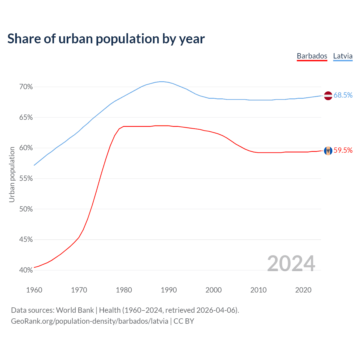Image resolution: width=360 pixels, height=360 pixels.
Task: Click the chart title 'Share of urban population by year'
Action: [106, 39]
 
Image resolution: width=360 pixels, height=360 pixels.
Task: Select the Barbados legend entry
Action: [312, 56]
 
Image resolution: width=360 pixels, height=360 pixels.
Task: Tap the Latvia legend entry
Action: [343, 56]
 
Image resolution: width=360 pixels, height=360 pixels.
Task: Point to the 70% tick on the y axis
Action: [26, 87]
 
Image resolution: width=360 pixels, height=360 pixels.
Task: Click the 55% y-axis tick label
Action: [26, 179]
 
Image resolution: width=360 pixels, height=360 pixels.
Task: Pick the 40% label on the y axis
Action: [26, 270]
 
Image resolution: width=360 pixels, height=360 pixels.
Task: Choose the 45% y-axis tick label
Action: [26, 240]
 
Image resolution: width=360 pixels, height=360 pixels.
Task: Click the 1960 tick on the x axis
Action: [34, 290]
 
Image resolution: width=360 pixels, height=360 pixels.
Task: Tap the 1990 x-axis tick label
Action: [169, 290]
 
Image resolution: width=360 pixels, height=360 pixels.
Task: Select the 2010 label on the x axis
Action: [258, 290]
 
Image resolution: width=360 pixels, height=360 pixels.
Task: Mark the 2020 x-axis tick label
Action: [303, 290]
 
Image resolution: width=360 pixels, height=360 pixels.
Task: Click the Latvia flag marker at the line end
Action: [328, 96]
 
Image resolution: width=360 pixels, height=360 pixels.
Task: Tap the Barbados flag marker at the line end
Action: [328, 151]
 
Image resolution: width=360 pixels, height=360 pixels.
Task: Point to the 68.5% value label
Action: [343, 95]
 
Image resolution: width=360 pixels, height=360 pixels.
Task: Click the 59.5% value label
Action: [343, 150]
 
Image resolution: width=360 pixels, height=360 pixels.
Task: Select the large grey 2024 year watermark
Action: [291, 264]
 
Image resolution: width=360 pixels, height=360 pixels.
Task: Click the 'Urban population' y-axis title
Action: [12, 174]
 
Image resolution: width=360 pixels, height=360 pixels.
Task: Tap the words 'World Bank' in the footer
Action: [75, 310]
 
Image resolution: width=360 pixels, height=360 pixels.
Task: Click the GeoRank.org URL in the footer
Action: [90, 321]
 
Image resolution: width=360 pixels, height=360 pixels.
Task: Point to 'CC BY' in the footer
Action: [184, 321]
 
